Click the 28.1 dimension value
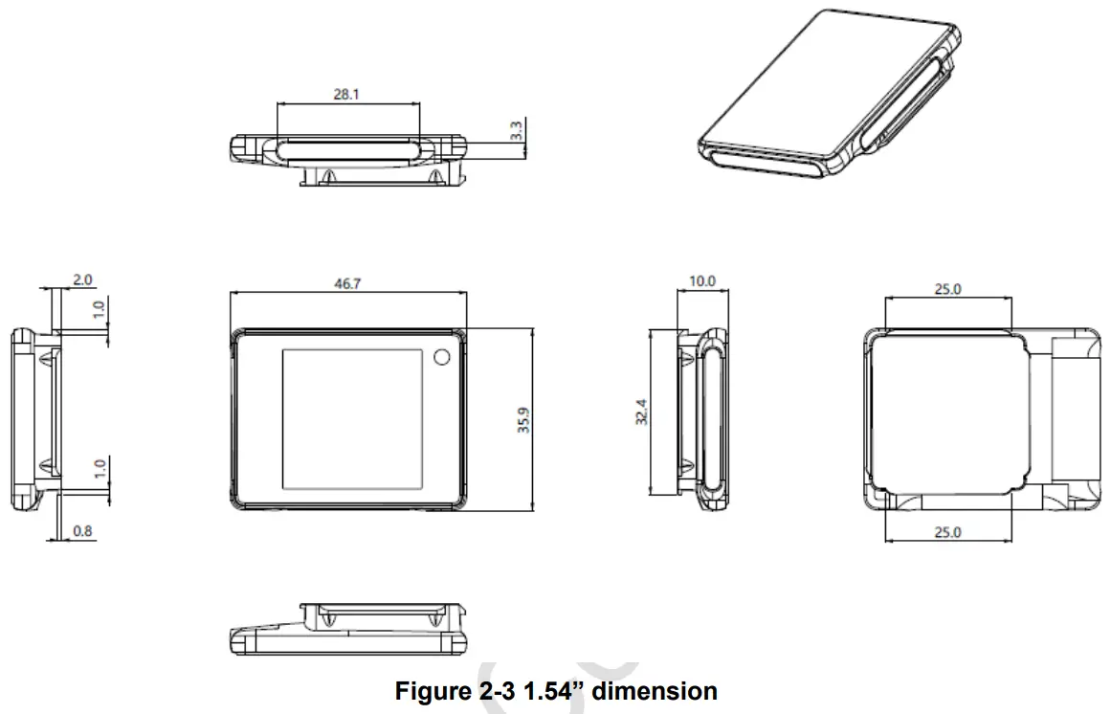346,96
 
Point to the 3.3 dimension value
517,131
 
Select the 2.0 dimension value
82,279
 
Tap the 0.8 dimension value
82,530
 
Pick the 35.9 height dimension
524,418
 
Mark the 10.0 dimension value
701,281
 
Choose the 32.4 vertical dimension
643,413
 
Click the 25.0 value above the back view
946,289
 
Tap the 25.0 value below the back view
946,532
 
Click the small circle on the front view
442,357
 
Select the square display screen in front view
352,416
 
